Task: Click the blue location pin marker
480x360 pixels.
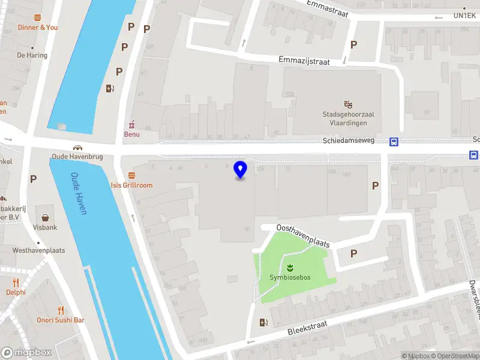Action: [241, 170]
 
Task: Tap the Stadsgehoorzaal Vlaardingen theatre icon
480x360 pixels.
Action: [347, 104]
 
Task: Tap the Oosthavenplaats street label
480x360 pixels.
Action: [303, 236]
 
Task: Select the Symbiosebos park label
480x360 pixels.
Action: [290, 277]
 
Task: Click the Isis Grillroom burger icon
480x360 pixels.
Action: [131, 175]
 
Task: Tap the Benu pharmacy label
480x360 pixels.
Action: [131, 134]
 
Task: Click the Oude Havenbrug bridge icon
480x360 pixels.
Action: [77, 148]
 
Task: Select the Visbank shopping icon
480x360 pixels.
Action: [45, 217]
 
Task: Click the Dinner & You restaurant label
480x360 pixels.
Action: [38, 27]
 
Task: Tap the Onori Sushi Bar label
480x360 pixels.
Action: [61, 320]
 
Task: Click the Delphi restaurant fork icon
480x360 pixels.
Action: [16, 282]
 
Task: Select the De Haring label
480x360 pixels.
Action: [32, 55]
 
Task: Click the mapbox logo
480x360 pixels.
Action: [26, 352]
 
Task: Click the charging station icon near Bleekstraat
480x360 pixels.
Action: [263, 323]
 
